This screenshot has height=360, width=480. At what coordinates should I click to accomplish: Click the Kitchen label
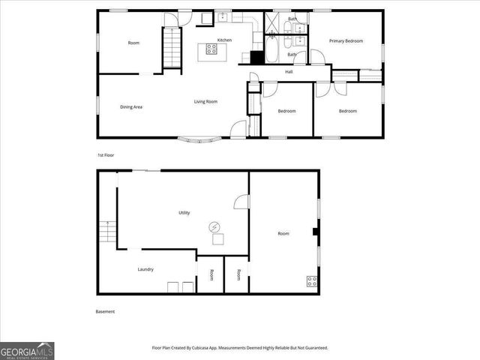tap(224, 40)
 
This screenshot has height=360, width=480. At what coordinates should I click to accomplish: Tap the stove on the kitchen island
tap(211, 51)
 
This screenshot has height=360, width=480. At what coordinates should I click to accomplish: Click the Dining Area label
tap(131, 106)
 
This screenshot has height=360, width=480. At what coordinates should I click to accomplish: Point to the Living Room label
tap(205, 101)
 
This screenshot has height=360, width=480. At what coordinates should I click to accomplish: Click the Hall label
tap(289, 72)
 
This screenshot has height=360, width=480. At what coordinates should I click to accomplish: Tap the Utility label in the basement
tap(184, 213)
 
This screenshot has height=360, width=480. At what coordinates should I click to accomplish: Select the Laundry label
tap(145, 269)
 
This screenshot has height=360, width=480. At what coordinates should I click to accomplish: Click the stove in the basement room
tap(311, 282)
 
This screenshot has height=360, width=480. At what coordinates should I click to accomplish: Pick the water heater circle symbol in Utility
tap(215, 226)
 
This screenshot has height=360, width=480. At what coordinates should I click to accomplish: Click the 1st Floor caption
tap(106, 154)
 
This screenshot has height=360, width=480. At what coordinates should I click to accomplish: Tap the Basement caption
tap(105, 311)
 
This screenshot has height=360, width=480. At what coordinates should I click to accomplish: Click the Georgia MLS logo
tap(27, 350)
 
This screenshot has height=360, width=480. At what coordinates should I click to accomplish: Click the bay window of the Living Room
tap(199, 139)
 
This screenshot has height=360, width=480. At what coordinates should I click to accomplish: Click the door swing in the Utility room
tap(242, 201)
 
